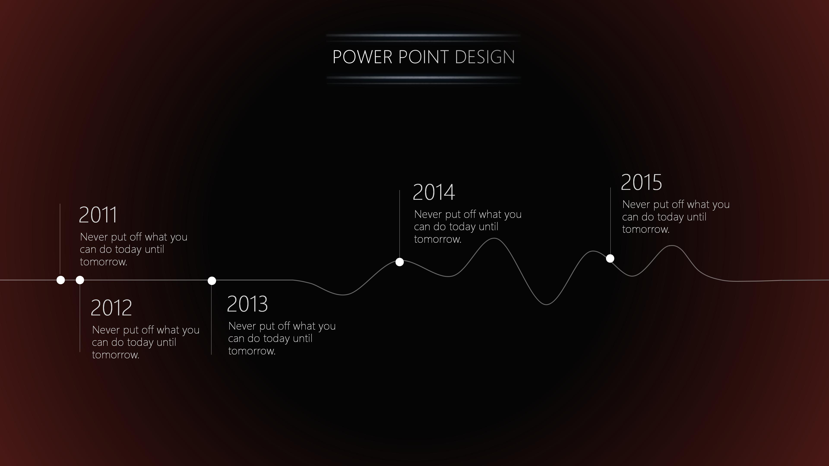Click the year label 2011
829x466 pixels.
click(98, 215)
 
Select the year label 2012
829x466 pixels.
click(111, 308)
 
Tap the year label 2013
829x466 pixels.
click(247, 304)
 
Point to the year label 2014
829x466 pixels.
click(434, 192)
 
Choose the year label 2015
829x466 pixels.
click(641, 182)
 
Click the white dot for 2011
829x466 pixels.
click(60, 280)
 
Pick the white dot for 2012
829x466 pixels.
click(80, 280)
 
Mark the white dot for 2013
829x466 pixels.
click(212, 281)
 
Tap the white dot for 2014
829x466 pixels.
click(399, 262)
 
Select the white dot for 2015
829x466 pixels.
click(610, 259)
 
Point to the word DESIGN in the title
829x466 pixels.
click(485, 57)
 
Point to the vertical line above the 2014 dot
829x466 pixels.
click(400, 224)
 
